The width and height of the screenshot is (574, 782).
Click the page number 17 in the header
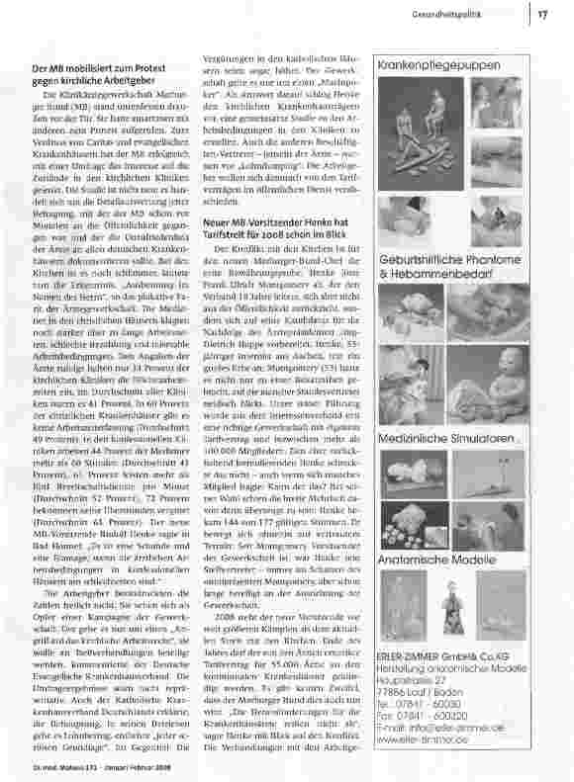[x=542, y=14]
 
